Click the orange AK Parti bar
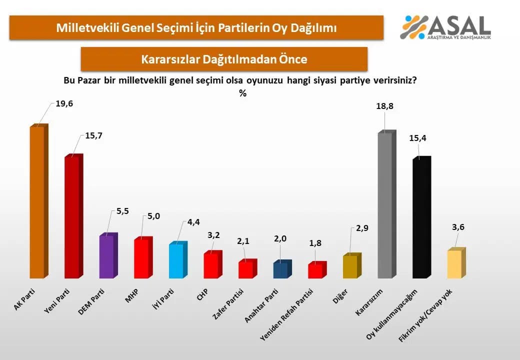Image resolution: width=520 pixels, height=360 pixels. (x=39, y=201)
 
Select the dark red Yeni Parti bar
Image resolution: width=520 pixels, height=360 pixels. (x=73, y=216)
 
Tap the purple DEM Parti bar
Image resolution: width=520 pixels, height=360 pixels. (x=108, y=255)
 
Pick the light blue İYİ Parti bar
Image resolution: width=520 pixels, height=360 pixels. (x=178, y=260)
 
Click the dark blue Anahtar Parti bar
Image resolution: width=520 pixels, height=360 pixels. (x=282, y=269)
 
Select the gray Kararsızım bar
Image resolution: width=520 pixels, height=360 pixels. (x=387, y=204)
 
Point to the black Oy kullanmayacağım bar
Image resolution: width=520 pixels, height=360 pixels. (x=422, y=217)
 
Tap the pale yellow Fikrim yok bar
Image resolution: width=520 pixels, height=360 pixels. (x=456, y=263)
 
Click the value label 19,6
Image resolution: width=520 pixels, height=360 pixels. (x=64, y=104)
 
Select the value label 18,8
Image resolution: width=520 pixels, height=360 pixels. (x=384, y=106)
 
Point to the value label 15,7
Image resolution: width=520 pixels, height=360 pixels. (x=93, y=135)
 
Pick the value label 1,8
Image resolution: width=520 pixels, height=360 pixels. (x=315, y=243)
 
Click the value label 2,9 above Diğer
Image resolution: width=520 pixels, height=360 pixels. (x=362, y=228)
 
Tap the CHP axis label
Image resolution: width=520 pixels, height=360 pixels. (x=202, y=294)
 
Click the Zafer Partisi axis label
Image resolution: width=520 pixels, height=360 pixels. (x=228, y=304)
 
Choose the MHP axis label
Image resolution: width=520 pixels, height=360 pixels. (x=131, y=295)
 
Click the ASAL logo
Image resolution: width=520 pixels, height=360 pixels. (x=445, y=27)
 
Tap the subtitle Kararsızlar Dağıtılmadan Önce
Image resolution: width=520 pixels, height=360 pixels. (x=224, y=59)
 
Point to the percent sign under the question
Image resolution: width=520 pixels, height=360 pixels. (x=243, y=93)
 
